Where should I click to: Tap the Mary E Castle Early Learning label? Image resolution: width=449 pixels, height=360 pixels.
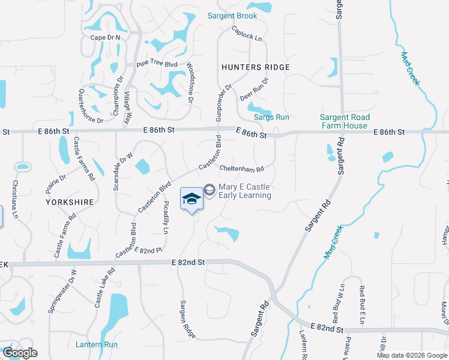point(244,191)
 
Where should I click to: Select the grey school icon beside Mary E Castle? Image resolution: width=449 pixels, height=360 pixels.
point(209,190)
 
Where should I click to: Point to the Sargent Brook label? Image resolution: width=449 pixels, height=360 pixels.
point(232,16)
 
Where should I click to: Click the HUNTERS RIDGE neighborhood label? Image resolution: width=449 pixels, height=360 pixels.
point(255,67)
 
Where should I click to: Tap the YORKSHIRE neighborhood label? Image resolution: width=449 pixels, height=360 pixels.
point(70,202)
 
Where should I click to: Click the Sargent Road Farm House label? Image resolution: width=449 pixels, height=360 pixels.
point(345,121)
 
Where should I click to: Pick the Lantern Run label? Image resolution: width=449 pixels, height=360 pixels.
point(97,344)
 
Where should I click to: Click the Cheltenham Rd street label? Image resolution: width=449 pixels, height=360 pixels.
point(242,169)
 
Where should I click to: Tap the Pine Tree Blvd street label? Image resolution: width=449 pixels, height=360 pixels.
point(157,64)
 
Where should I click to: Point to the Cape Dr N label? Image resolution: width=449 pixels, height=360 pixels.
point(106,37)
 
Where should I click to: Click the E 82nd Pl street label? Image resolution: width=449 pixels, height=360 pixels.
point(148,250)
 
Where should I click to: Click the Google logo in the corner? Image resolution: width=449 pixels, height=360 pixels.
point(20,353)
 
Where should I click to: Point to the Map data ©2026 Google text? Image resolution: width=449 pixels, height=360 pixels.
point(412,355)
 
